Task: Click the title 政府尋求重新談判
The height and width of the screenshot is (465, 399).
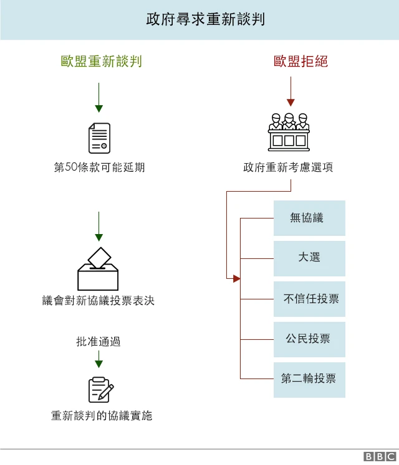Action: click(x=206, y=19)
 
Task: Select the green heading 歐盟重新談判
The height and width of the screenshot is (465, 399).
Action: click(x=101, y=61)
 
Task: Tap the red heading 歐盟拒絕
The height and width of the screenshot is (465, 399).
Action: click(x=300, y=61)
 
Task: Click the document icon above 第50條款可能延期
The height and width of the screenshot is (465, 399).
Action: click(x=99, y=138)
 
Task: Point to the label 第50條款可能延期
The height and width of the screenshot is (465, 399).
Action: click(x=99, y=167)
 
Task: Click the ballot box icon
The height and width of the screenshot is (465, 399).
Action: click(x=98, y=268)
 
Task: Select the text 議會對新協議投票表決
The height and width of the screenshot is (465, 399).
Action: click(x=98, y=301)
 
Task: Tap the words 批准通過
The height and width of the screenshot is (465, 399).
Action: click(x=98, y=341)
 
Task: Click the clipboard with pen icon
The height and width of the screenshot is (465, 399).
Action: click(x=100, y=389)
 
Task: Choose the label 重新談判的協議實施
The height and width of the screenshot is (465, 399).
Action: click(x=101, y=416)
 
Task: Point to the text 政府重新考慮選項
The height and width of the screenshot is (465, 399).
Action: click(x=288, y=167)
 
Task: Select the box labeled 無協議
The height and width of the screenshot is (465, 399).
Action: click(x=309, y=218)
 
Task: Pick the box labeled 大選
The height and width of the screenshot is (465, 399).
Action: click(x=309, y=258)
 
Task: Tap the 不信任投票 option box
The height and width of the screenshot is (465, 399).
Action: click(x=309, y=299)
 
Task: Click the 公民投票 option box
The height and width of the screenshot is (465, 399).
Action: click(x=309, y=339)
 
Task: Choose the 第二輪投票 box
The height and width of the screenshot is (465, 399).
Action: click(x=309, y=379)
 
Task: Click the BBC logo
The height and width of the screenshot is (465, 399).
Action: click(x=379, y=457)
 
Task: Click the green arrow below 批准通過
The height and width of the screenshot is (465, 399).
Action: click(x=99, y=360)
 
